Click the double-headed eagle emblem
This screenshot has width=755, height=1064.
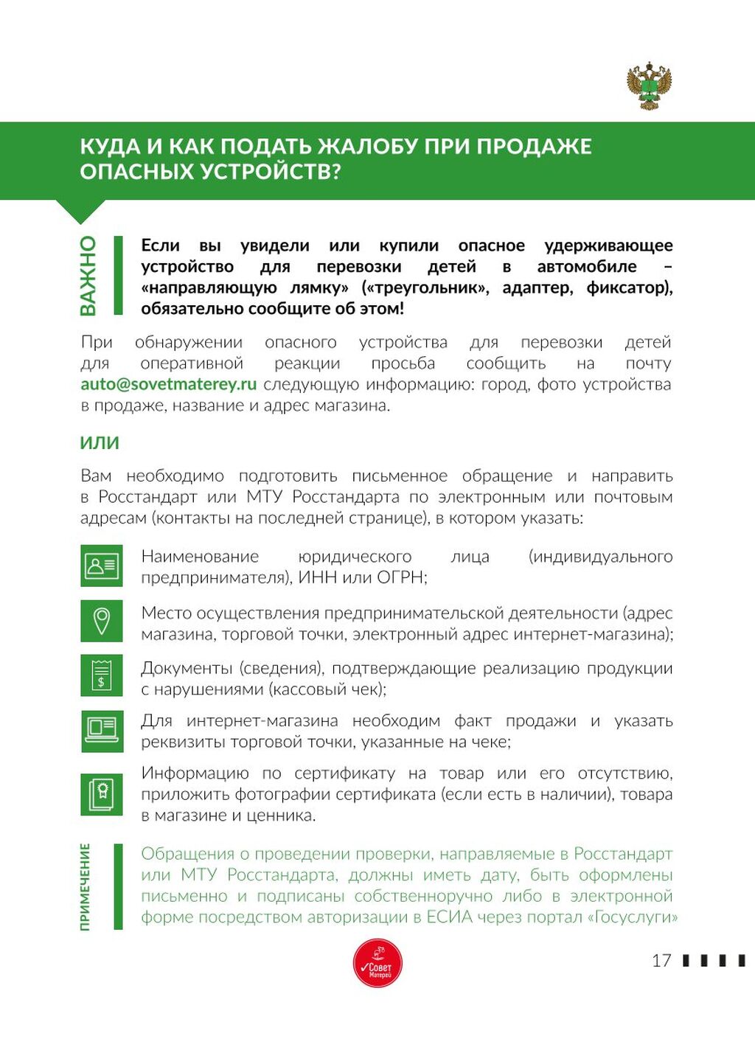650,86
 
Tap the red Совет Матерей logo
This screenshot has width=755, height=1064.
377,963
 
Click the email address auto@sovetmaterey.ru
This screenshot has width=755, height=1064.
169,384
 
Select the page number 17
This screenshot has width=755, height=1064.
661,960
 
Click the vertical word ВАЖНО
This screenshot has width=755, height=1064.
88,276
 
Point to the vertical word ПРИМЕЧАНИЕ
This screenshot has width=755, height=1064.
86,886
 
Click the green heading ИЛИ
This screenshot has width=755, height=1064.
100,442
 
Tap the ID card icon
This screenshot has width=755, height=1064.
102,566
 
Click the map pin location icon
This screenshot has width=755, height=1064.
102,621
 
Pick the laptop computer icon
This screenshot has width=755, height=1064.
102,731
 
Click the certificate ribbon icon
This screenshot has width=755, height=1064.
102,794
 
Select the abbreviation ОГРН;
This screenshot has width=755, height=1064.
402,577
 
